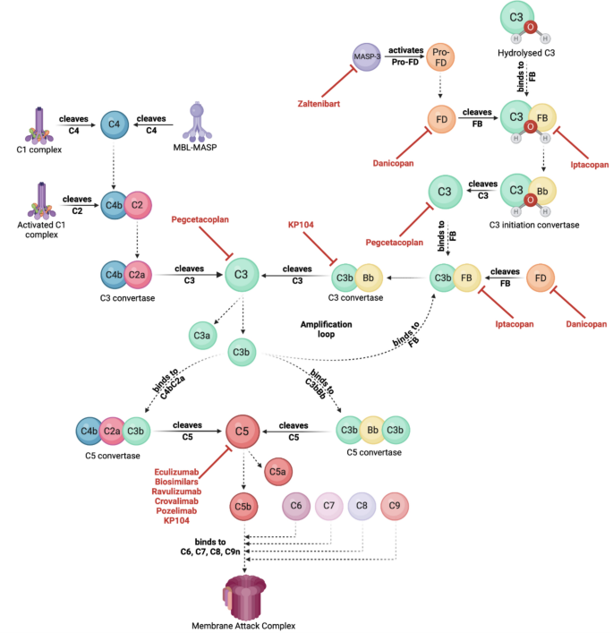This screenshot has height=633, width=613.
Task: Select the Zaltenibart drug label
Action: (x=324, y=104)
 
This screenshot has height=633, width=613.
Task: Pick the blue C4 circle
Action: (x=115, y=125)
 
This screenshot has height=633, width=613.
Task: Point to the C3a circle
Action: (x=201, y=336)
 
